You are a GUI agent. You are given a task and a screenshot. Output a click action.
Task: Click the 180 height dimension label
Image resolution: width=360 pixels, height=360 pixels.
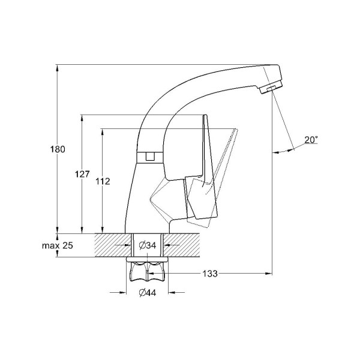(58, 149)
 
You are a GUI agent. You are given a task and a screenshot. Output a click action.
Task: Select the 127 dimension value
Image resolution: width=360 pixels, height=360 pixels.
(82, 174)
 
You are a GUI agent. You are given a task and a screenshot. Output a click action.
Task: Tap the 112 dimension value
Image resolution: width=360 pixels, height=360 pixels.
(103, 182)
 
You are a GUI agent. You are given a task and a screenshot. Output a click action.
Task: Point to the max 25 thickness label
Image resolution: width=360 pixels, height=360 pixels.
(58, 245)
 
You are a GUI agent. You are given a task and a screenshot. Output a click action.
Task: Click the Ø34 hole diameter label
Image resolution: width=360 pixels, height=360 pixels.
(148, 245)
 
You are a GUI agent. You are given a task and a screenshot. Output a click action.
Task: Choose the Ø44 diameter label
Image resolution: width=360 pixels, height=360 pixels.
(148, 293)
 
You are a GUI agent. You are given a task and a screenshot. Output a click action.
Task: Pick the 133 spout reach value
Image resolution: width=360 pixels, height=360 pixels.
(210, 274)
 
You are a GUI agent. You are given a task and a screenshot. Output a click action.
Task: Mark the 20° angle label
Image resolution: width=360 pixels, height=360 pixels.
(311, 140)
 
